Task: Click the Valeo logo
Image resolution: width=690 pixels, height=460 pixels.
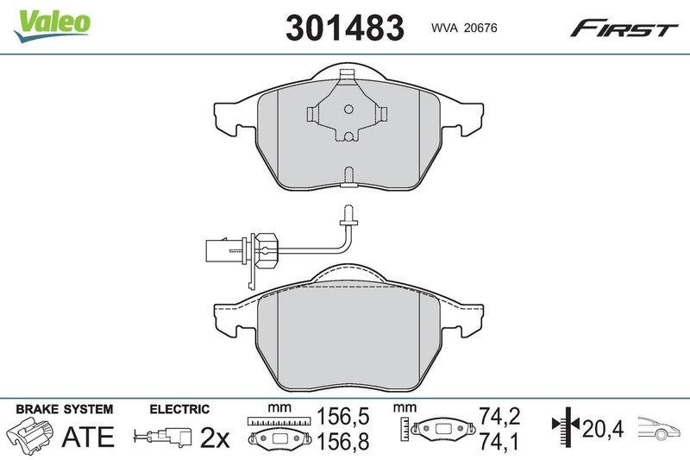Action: click(52, 22)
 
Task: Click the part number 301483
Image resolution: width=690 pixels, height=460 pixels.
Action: click(344, 28)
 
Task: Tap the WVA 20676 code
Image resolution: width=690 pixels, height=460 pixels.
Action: click(463, 28)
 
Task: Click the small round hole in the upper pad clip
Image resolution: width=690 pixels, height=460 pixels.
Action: click(348, 110)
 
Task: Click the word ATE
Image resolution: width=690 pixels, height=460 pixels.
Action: click(89, 437)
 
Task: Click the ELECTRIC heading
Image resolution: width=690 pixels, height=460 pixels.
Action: click(179, 408)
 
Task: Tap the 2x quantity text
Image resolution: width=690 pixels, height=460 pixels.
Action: click(214, 438)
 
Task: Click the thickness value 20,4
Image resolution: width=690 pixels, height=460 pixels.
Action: click(601, 427)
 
